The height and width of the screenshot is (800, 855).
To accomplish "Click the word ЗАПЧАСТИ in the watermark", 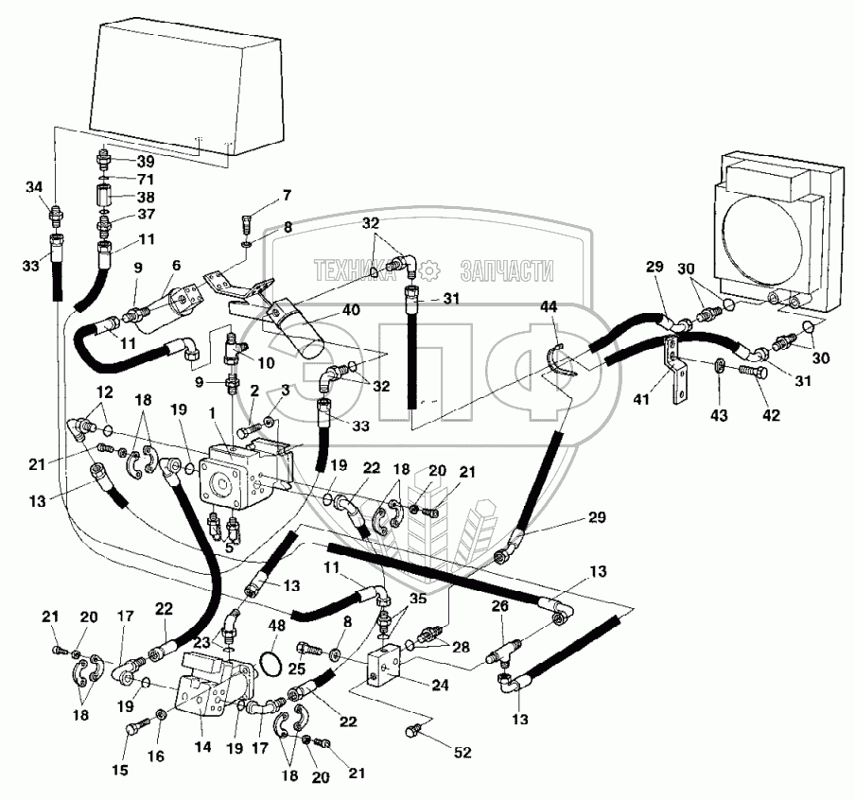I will point(505,271).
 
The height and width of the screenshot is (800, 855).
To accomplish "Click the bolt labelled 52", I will point(413,730).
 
